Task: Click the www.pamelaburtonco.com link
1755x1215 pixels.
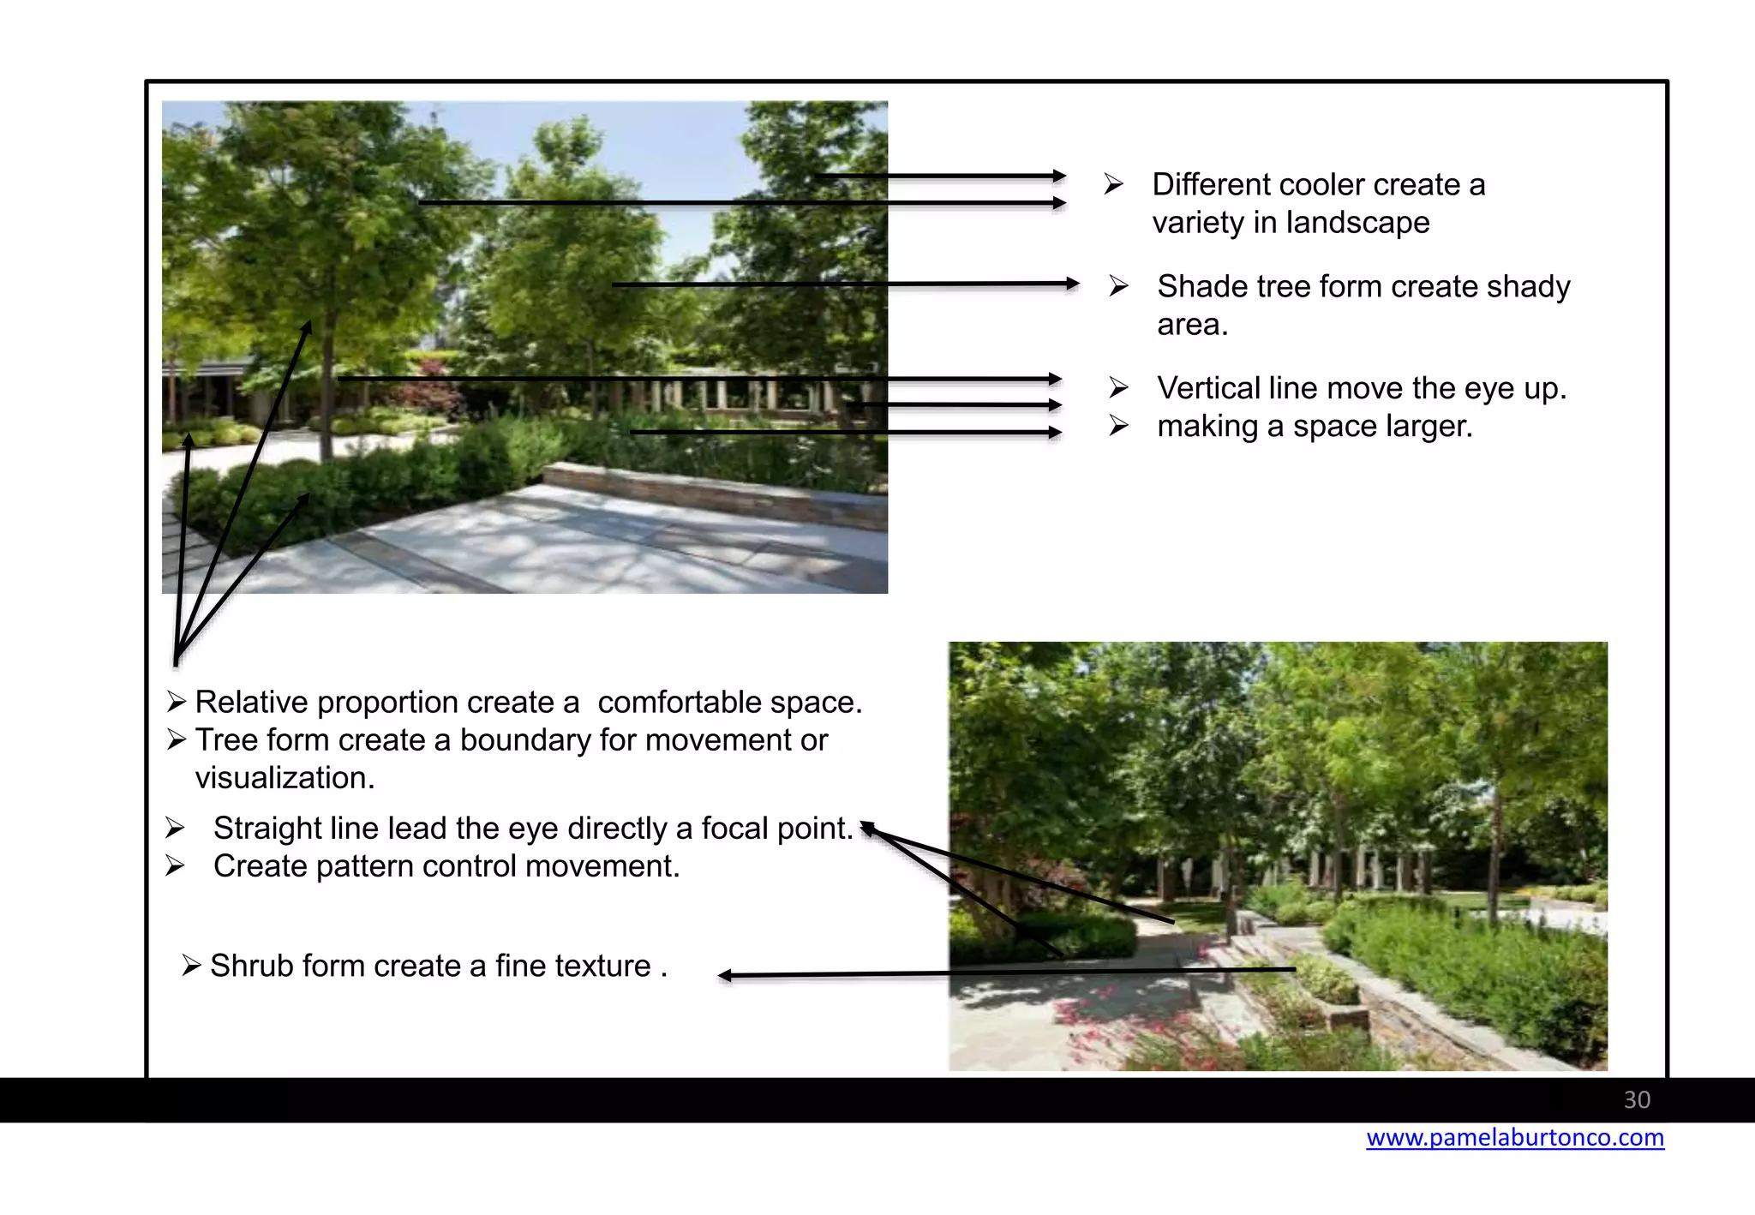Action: (x=1514, y=1138)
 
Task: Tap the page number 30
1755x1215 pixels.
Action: (x=1637, y=1100)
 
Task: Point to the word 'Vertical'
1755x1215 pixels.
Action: (x=1209, y=389)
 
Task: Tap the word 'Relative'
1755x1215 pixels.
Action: (x=251, y=703)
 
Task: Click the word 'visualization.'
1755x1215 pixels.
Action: (x=285, y=778)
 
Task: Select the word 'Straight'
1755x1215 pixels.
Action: (x=267, y=829)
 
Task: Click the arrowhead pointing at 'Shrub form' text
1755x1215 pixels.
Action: (x=725, y=975)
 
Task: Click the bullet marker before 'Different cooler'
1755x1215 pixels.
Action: (x=1113, y=184)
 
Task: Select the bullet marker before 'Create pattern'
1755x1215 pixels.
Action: (x=175, y=866)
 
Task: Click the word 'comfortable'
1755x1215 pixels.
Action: (x=682, y=703)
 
